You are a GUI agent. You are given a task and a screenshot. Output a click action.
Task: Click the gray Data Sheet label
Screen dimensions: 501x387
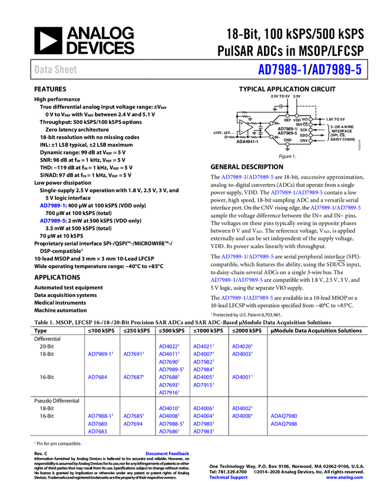coord(56,70)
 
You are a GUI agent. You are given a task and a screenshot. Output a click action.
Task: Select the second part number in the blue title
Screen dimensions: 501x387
coord(336,70)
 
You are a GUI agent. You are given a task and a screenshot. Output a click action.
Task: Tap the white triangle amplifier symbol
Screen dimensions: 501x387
coord(246,127)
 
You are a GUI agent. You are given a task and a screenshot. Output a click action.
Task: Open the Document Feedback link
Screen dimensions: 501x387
coord(168,453)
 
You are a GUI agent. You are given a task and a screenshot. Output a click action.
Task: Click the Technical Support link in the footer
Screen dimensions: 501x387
coord(229,477)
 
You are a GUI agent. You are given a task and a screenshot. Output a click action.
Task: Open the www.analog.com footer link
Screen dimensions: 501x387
coord(345,477)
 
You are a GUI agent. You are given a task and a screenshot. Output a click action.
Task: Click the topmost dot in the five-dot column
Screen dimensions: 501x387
coord(310,119)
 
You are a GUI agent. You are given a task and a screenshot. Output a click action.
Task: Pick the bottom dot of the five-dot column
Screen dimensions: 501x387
coord(310,141)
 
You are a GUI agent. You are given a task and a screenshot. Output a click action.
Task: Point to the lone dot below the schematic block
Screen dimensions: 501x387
coord(287,144)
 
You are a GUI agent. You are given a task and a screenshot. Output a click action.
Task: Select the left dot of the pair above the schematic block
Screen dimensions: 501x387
coord(287,116)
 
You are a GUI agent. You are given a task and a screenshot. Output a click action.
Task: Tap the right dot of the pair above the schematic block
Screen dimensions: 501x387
coord(296,116)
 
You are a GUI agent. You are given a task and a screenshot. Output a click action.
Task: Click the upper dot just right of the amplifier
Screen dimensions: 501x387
coord(271,123)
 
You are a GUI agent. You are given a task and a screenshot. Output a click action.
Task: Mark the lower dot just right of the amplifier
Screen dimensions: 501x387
coord(271,137)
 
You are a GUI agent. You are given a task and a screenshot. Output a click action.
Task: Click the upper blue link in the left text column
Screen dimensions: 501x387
coord(52,206)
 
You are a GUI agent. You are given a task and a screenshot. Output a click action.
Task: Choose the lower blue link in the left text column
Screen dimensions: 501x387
coord(52,220)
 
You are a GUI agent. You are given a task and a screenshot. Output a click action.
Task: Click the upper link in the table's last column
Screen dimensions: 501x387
coord(284,416)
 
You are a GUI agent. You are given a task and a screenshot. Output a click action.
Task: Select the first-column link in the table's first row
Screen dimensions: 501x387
coord(98,354)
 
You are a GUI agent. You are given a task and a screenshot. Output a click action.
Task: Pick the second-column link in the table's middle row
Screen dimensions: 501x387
coord(133,377)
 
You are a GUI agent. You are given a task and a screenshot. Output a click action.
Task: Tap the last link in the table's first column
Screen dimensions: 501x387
coord(97,431)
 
